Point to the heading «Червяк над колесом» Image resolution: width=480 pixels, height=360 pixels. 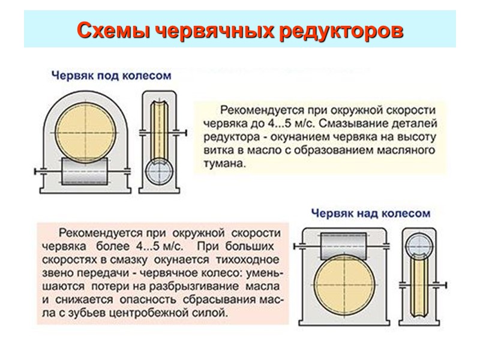pyautogui.click(x=371, y=212)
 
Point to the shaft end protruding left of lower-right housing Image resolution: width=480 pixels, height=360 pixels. pyautogui.click(x=296, y=245)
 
